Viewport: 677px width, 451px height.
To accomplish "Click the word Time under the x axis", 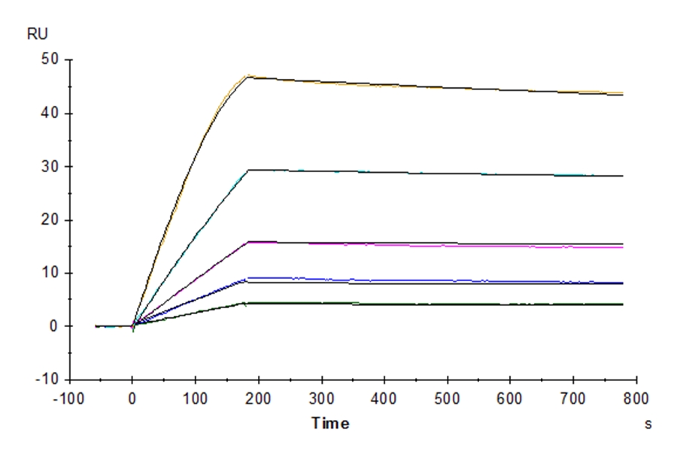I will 332,424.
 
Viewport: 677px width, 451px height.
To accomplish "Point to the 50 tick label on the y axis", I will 52,59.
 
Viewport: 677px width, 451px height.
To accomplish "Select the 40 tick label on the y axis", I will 52,113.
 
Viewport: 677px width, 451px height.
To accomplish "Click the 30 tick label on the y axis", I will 52,166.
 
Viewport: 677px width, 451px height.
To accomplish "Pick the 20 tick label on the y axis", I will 52,219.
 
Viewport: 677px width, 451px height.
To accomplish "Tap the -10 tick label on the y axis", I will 49,380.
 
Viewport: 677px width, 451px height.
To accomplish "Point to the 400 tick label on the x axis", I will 384,398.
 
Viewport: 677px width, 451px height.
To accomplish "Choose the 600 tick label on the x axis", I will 511,398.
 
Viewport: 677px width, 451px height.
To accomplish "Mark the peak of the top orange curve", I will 250,75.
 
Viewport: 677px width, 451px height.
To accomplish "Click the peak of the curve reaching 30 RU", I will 250,170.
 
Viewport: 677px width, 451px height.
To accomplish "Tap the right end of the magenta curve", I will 624,247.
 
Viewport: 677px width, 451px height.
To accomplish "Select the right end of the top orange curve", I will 624,92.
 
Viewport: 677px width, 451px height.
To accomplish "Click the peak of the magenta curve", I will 249,241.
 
